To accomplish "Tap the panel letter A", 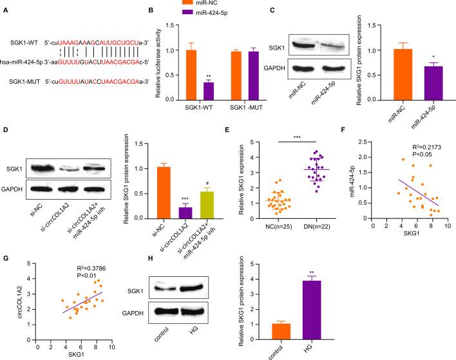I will coord(5,9).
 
